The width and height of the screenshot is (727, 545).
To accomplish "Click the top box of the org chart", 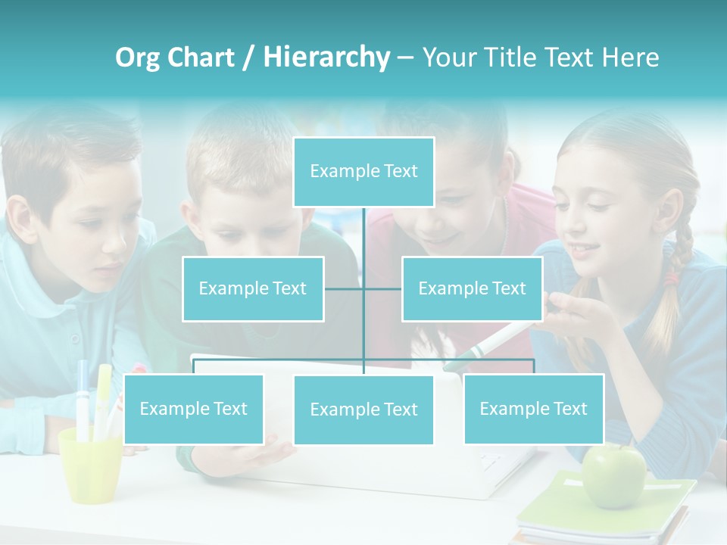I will point(363,172).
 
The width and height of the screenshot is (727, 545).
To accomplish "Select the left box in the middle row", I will point(253,288).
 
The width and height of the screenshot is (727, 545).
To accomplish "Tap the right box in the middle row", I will point(472,288).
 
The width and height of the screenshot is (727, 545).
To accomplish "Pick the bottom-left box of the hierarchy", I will point(194,409).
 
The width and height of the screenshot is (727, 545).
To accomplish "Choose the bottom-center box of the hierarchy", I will point(363,410).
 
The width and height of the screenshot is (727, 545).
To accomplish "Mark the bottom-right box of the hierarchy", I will point(533,409).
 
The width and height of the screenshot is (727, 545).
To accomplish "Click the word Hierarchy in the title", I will point(326,57).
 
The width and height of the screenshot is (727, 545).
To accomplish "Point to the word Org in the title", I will point(137,58).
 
